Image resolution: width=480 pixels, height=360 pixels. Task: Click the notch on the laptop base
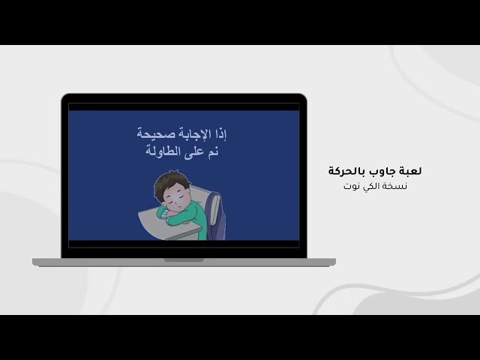tap(184, 260)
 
